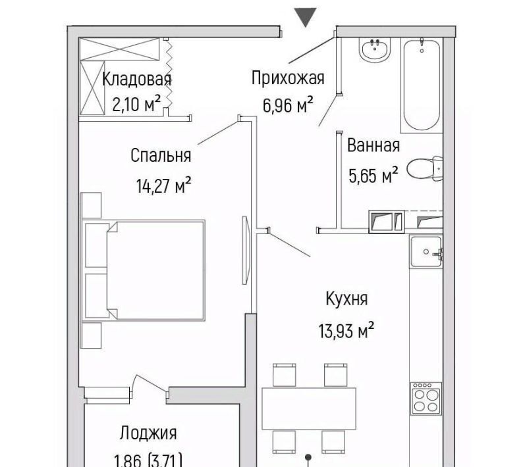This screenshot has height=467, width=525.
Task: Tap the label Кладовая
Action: tap(136, 80)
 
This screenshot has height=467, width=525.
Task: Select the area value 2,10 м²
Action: tap(136, 104)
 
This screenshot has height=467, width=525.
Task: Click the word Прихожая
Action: tap(288, 78)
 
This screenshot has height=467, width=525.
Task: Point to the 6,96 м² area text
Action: tap(288, 105)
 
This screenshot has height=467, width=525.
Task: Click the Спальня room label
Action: tap(161, 155)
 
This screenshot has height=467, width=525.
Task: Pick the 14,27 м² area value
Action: tap(163, 186)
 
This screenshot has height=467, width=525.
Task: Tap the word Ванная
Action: tap(373, 145)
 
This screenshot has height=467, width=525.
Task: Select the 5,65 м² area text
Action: tap(373, 175)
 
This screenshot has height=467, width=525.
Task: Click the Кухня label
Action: tap(346, 299)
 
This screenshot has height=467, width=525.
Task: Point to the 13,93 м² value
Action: tap(346, 331)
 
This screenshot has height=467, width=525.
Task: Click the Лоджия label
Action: tap(148, 433)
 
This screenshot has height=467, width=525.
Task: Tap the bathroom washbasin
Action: tap(375, 49)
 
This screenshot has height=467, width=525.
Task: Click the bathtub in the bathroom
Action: tap(422, 85)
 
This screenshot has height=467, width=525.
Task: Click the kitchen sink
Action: tap(427, 251)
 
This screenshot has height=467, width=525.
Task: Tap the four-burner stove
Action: tap(426, 399)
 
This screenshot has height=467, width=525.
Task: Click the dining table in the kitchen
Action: tap(308, 408)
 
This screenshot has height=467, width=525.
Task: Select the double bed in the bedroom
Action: tap(144, 270)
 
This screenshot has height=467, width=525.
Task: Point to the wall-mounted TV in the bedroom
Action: tap(246, 250)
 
